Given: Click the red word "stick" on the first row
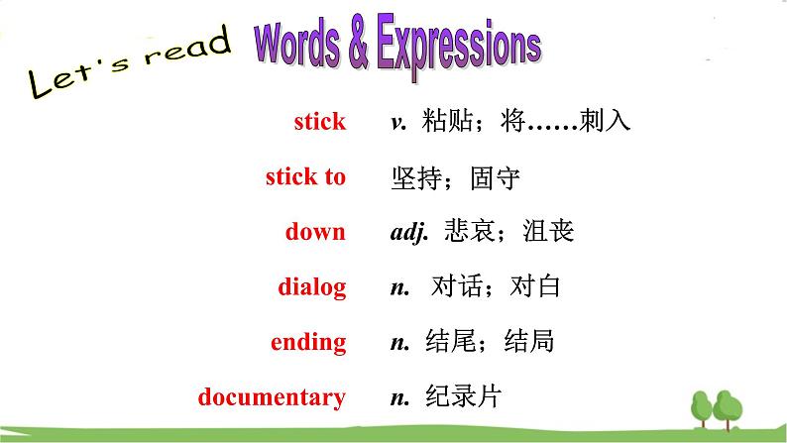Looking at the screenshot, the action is click(x=320, y=122).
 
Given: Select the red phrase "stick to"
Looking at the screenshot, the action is click(x=305, y=176).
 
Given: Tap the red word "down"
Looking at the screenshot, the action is click(x=315, y=232).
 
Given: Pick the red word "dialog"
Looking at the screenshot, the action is click(x=311, y=287).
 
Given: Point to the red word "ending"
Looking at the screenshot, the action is click(x=308, y=343).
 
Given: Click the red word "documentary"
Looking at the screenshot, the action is click(x=272, y=396).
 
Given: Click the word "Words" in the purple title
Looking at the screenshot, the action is click(x=297, y=45).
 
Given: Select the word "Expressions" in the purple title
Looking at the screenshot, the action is click(x=459, y=47).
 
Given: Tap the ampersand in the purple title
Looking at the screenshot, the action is click(x=359, y=42).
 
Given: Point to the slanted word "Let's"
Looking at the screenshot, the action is click(x=77, y=77).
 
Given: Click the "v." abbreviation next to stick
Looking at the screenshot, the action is click(x=399, y=123).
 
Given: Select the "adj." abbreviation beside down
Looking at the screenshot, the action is click(x=409, y=232).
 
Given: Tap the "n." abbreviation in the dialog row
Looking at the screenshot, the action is click(x=400, y=288).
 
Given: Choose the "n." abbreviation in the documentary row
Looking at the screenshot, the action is click(x=400, y=398).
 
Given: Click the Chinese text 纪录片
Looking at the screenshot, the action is click(x=463, y=396).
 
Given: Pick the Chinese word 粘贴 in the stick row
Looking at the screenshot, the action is click(x=447, y=121).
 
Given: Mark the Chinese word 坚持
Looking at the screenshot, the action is click(x=416, y=178).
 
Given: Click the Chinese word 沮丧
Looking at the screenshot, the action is click(x=548, y=231).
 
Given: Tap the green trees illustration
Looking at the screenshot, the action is click(x=717, y=410).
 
